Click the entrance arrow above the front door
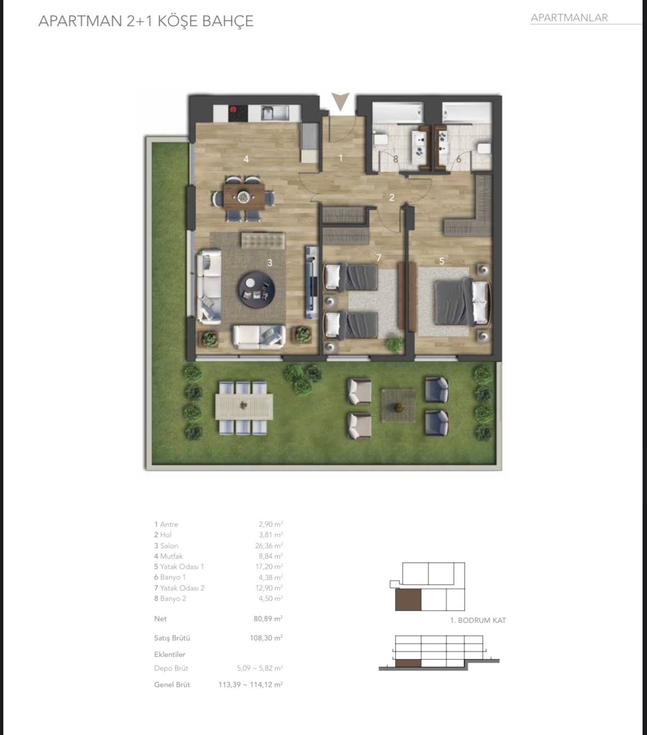[340, 101]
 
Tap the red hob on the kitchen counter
[233, 109]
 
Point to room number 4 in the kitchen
[246, 159]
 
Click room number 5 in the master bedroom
[441, 261]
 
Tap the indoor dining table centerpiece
[243, 197]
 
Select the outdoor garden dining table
[244, 406]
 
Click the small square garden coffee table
[398, 406]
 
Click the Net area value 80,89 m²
[268, 619]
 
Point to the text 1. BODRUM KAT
[478, 620]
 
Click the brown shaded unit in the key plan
[408, 600]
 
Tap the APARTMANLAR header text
[569, 18]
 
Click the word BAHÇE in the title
[228, 21]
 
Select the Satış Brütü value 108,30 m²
[266, 638]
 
